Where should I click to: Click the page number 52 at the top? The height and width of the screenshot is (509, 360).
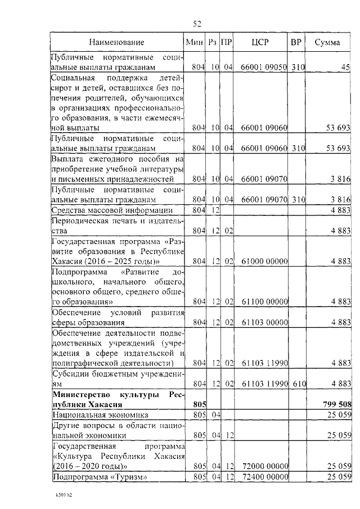(197, 23)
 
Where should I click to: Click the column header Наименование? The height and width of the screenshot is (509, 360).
(116, 42)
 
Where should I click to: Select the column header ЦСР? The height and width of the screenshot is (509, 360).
(260, 42)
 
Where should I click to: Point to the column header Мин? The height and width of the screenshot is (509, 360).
(194, 42)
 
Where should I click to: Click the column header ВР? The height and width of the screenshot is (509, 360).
(296, 42)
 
